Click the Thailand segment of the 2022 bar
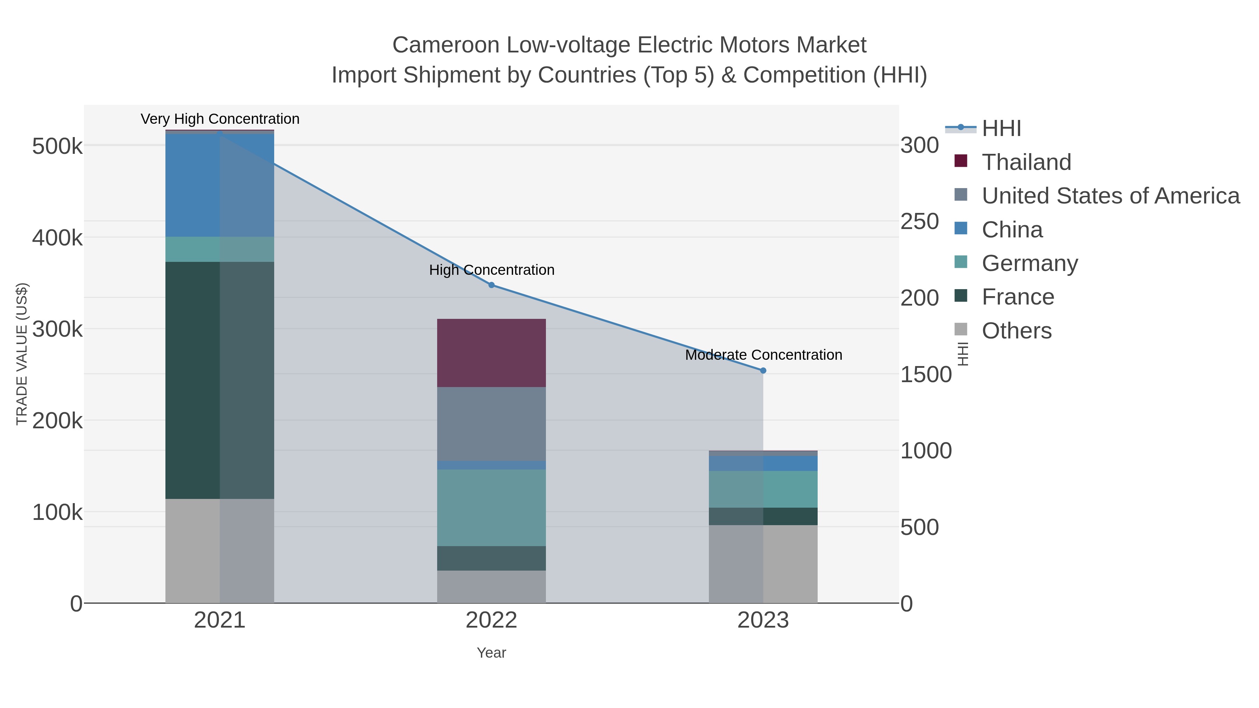coord(491,353)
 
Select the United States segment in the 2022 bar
coord(491,424)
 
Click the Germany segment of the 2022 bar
coord(491,508)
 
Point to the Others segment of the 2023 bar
coord(763,564)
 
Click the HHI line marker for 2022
coord(491,285)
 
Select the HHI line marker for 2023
coord(763,370)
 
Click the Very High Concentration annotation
coord(220,119)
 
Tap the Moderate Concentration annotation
coord(763,355)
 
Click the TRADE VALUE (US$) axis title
coord(22,354)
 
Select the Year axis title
coord(491,653)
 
